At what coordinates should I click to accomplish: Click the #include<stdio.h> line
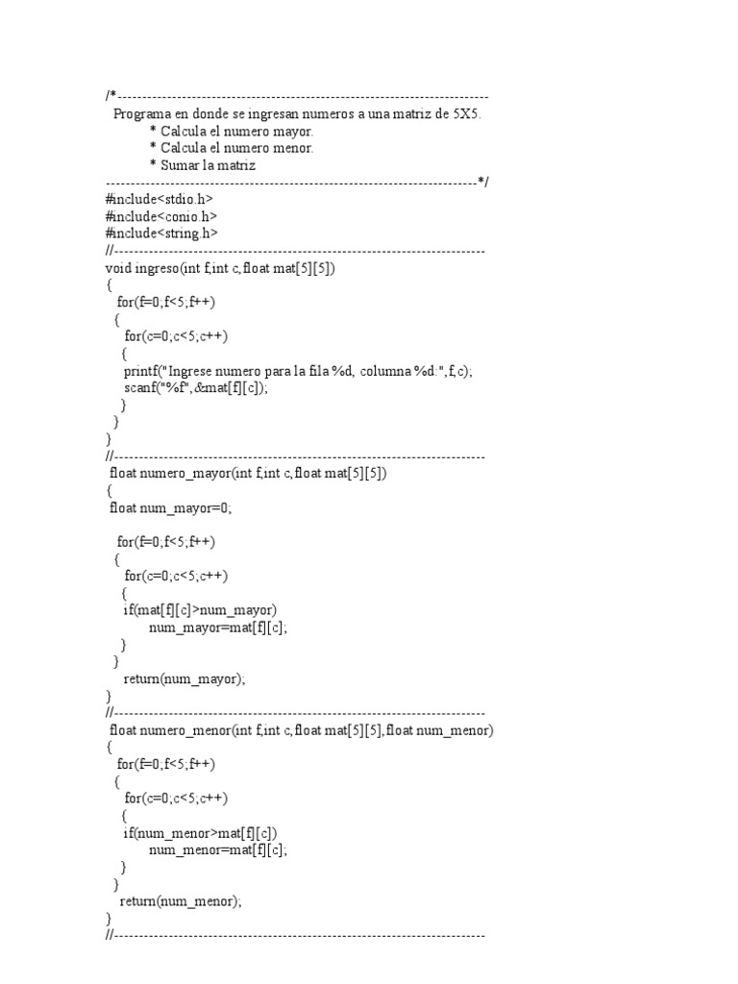tap(159, 199)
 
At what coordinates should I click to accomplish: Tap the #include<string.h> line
tap(161, 234)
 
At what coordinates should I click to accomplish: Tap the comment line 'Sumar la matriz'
tap(208, 165)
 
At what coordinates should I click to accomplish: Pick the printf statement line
tap(298, 371)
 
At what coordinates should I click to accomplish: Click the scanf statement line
tap(195, 388)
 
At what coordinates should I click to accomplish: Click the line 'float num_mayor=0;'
tap(171, 508)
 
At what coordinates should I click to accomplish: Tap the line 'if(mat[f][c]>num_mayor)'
tap(200, 610)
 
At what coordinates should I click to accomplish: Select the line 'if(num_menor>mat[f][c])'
tap(200, 833)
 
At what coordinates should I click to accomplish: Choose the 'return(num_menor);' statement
tap(181, 901)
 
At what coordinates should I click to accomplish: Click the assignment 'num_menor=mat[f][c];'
tap(218, 849)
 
